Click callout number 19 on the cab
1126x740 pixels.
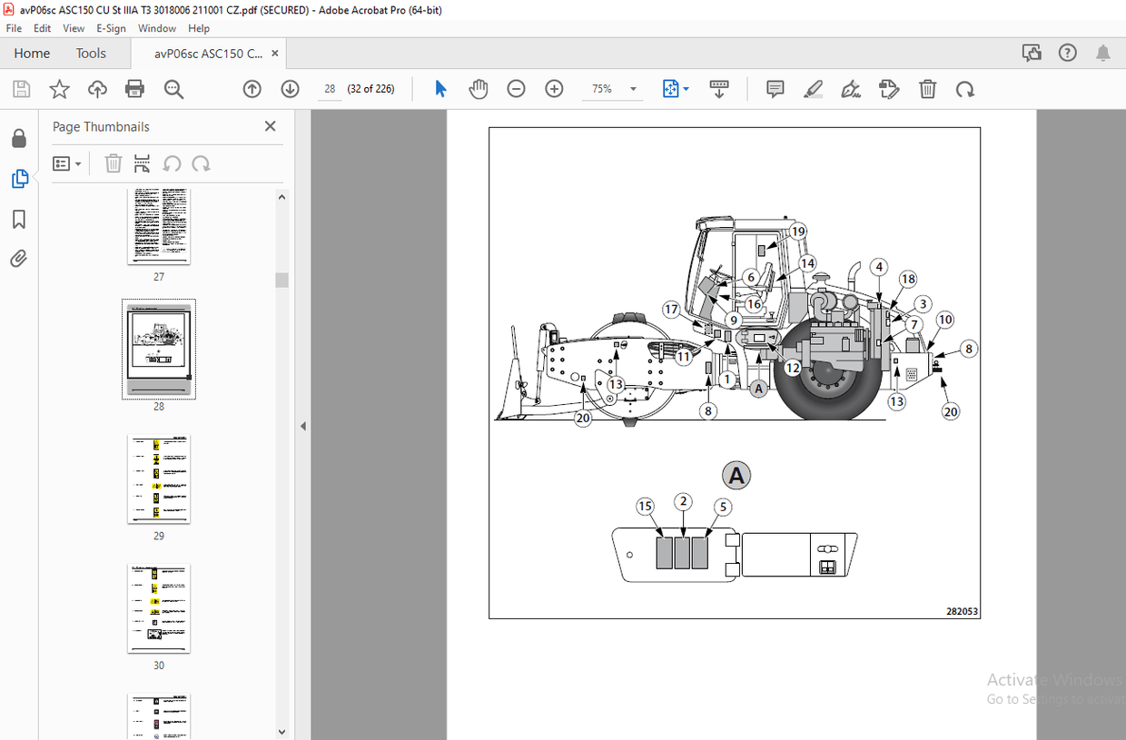798,232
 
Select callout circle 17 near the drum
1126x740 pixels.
672,310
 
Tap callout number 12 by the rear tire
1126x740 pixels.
793,368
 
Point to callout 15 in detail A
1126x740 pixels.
645,506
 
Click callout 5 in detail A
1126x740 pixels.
722,506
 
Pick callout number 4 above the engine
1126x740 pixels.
878,267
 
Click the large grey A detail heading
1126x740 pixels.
736,475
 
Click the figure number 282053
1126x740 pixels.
963,612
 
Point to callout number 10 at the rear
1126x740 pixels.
945,320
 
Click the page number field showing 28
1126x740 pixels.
330,89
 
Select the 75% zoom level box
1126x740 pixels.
609,89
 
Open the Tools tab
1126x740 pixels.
91,54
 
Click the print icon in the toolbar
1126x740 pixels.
134,89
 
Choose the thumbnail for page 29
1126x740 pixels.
159,479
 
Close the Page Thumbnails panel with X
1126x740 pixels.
270,127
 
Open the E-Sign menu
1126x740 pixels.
111,28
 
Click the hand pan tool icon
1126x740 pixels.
479,89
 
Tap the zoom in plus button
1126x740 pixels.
554,89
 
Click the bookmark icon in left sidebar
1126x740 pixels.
19,220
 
